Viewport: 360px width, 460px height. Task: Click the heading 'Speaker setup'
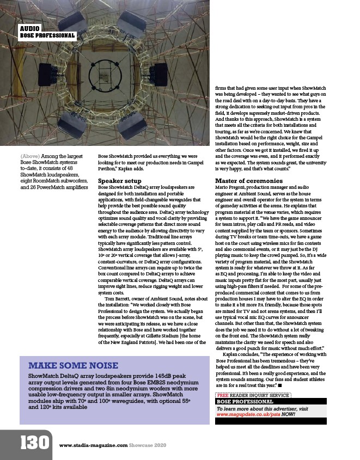click(x=119, y=180)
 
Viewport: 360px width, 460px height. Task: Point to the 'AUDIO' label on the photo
click(x=29, y=28)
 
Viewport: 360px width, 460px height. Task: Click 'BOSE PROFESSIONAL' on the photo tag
click(x=47, y=36)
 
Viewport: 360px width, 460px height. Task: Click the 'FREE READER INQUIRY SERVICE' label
click(x=253, y=395)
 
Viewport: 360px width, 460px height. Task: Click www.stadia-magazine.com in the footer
click(x=93, y=445)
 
